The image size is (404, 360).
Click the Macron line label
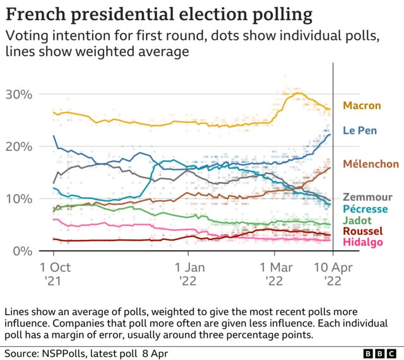point(362,105)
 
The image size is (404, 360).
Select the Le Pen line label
point(360,131)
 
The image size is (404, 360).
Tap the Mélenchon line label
point(371,164)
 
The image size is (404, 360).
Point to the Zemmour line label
point(367,198)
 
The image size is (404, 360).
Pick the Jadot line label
point(356,220)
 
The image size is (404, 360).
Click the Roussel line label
point(362,232)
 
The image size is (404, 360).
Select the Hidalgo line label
point(362,243)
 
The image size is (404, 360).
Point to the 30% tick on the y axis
point(18,94)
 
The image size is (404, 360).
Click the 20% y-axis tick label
point(18,147)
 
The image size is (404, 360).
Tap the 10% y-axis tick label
point(18,199)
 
